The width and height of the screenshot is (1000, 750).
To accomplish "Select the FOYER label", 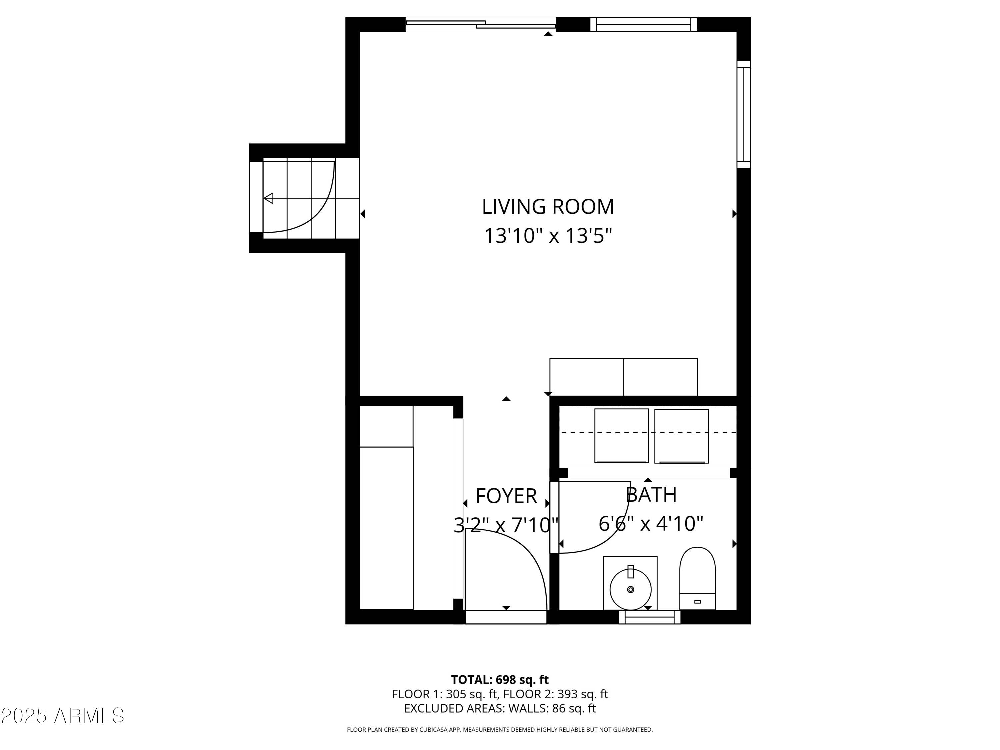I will coord(506,496).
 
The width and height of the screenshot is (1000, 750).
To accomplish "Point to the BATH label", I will coord(651,495).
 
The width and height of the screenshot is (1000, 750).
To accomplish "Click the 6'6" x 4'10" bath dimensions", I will coord(651,524).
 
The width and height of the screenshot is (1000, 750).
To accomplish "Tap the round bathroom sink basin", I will coord(630,590).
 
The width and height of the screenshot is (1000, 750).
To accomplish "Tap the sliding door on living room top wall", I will coord(481,24).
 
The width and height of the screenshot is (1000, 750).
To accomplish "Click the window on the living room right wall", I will coord(743,114).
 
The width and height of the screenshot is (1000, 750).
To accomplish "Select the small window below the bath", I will coord(649,617).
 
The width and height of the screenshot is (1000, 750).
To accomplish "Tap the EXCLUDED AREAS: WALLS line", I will coord(500,708).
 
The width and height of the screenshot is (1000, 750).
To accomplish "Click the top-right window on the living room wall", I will coord(643,24).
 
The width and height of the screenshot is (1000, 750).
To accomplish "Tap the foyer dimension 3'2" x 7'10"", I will coord(506,525).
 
